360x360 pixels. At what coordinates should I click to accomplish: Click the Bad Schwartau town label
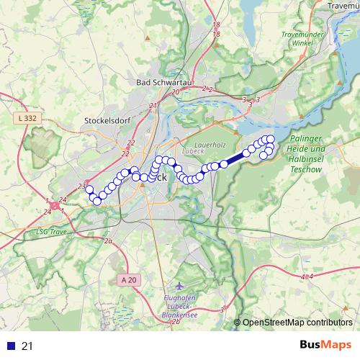[163, 82]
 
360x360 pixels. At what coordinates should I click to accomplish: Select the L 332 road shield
[27, 117]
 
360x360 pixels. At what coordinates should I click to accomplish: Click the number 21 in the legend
[27, 346]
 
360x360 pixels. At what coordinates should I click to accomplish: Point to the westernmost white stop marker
[89, 190]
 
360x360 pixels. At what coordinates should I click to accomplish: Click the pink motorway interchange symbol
[55, 206]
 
